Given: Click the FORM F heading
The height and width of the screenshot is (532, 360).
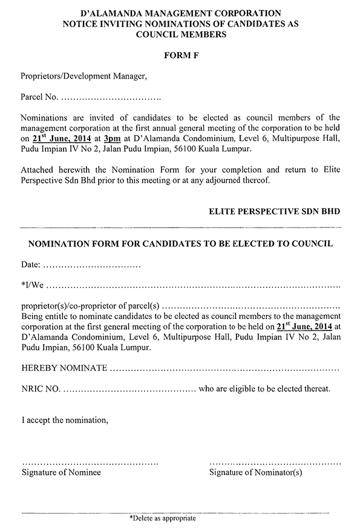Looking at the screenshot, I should pyautogui.click(x=180, y=56).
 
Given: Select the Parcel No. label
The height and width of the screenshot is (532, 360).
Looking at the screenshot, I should pyautogui.click(x=40, y=97).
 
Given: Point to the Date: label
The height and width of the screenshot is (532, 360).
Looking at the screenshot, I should pyautogui.click(x=31, y=265).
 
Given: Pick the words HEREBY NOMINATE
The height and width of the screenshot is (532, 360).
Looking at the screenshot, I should pyautogui.click(x=65, y=368).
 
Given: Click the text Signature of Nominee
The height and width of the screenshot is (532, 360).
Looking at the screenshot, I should pyautogui.click(x=61, y=472).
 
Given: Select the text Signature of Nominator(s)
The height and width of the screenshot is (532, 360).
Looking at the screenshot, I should pyautogui.click(x=255, y=472).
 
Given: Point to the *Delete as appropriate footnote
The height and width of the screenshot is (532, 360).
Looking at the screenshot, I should pyautogui.click(x=163, y=519).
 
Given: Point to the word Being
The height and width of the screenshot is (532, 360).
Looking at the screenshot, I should pyautogui.click(x=32, y=315).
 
